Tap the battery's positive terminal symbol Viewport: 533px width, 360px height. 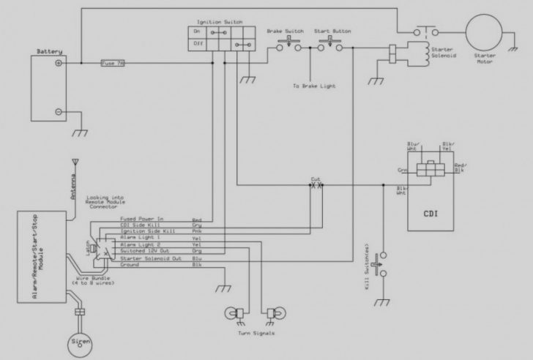point(58,64)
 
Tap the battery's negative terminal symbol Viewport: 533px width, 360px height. point(58,111)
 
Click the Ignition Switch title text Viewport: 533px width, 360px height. point(219,23)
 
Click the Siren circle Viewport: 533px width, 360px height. point(78,341)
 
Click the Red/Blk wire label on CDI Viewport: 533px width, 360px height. point(459,169)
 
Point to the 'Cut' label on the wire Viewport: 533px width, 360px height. point(316,179)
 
